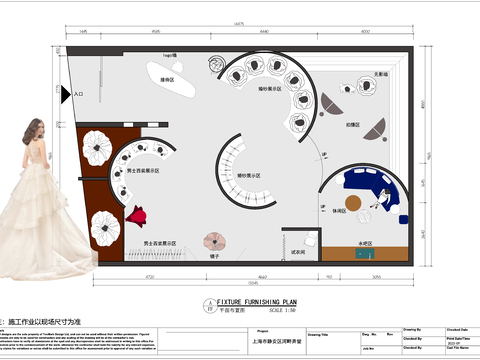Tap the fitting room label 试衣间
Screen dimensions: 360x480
pyautogui.click(x=297, y=251)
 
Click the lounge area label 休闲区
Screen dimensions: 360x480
pyautogui.click(x=340, y=211)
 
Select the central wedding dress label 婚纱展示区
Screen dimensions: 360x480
pyautogui.click(x=248, y=174)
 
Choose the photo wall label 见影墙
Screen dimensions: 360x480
pyautogui.click(x=381, y=74)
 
